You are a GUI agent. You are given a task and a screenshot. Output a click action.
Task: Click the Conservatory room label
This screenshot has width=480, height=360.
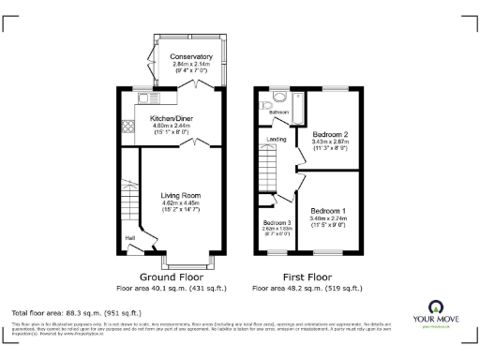coord(191,57)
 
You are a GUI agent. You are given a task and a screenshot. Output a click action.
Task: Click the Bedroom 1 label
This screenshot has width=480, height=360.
coord(328,210)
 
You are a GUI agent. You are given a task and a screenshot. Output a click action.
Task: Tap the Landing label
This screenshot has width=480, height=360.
coord(277,140)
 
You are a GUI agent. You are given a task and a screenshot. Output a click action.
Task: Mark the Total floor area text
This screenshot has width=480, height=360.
coord(75,311)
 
